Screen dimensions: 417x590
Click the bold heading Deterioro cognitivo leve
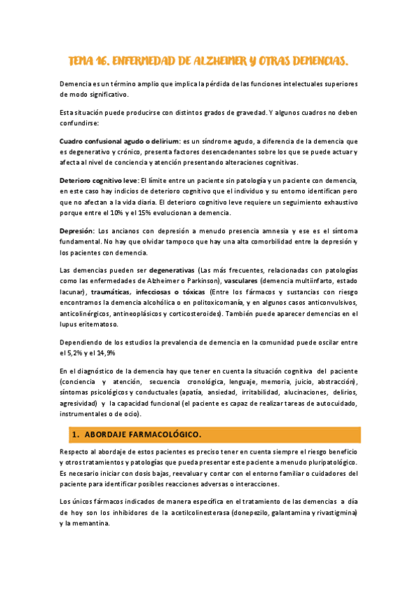(x=99, y=180)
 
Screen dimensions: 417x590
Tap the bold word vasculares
(x=240, y=280)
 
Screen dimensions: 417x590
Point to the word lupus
(x=70, y=325)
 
